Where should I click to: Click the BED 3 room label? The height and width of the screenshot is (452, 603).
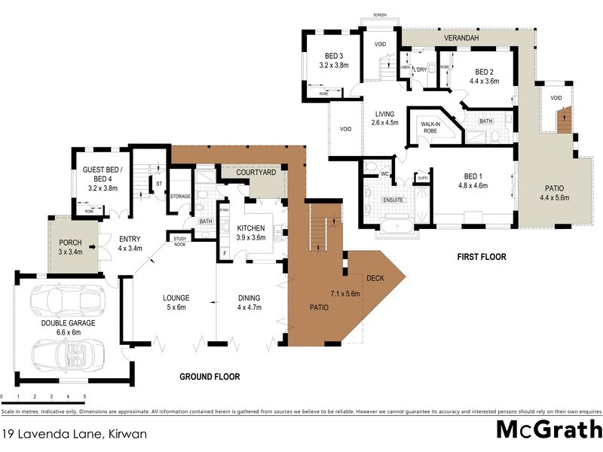(x=333, y=56)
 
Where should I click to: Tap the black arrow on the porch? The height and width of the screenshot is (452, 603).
(x=92, y=246)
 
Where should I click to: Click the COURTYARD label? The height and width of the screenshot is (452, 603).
(x=256, y=173)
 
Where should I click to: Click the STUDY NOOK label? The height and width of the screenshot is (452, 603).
(x=179, y=241)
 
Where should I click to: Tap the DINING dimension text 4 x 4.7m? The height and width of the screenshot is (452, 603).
(x=249, y=307)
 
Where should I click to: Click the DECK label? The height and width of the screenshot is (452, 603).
(x=375, y=279)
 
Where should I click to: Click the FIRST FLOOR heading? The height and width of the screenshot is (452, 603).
(x=481, y=257)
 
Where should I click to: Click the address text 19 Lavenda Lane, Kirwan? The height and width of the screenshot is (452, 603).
(x=73, y=434)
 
